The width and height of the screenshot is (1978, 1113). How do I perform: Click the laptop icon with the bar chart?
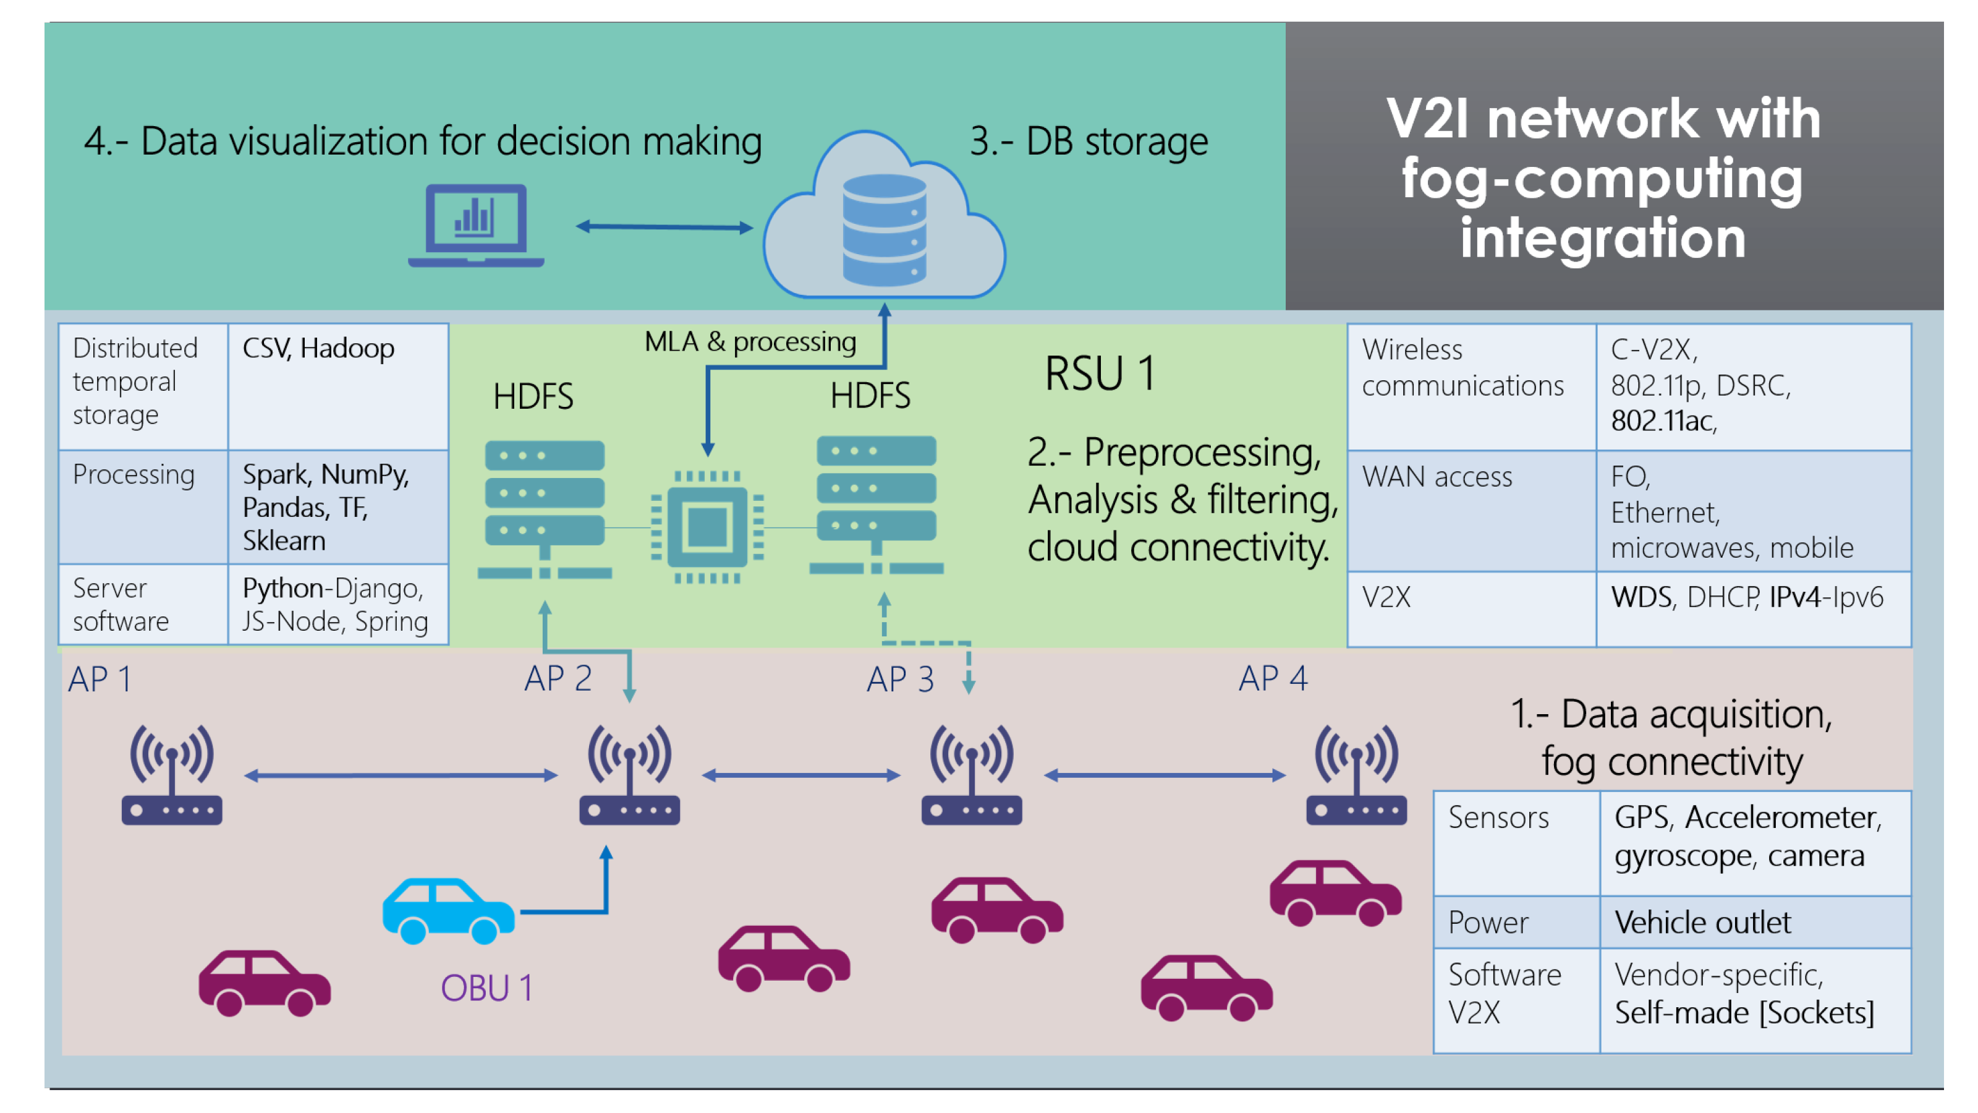pos(476,225)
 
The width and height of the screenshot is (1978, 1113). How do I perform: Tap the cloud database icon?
pos(884,216)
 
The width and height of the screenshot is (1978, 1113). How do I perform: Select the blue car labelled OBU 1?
pos(448,911)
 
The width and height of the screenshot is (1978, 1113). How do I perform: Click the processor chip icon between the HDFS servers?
pos(707,527)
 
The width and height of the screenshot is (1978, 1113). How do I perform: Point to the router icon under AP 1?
pos(172,774)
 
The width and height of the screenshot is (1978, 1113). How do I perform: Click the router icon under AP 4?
pos(1356,774)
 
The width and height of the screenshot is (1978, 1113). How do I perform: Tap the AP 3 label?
pos(900,679)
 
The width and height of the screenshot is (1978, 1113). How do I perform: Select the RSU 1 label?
pos(1100,374)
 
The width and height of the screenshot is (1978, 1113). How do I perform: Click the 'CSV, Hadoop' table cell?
pos(338,386)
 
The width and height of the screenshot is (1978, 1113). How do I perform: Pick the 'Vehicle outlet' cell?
pos(1755,922)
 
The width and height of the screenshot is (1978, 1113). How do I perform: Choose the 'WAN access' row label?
pos(1437,477)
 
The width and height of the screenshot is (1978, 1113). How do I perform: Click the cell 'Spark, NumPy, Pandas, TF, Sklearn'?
pos(338,507)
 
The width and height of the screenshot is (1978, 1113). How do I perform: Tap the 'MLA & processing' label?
pos(750,341)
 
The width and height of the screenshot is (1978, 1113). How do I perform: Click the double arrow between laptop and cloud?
pos(664,226)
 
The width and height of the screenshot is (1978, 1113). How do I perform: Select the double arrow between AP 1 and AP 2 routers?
pos(401,776)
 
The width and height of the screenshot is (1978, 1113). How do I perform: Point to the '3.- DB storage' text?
pos(1089,142)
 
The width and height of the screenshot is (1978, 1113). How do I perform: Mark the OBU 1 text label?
pos(486,988)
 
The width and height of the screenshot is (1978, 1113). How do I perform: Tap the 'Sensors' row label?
pos(1498,817)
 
